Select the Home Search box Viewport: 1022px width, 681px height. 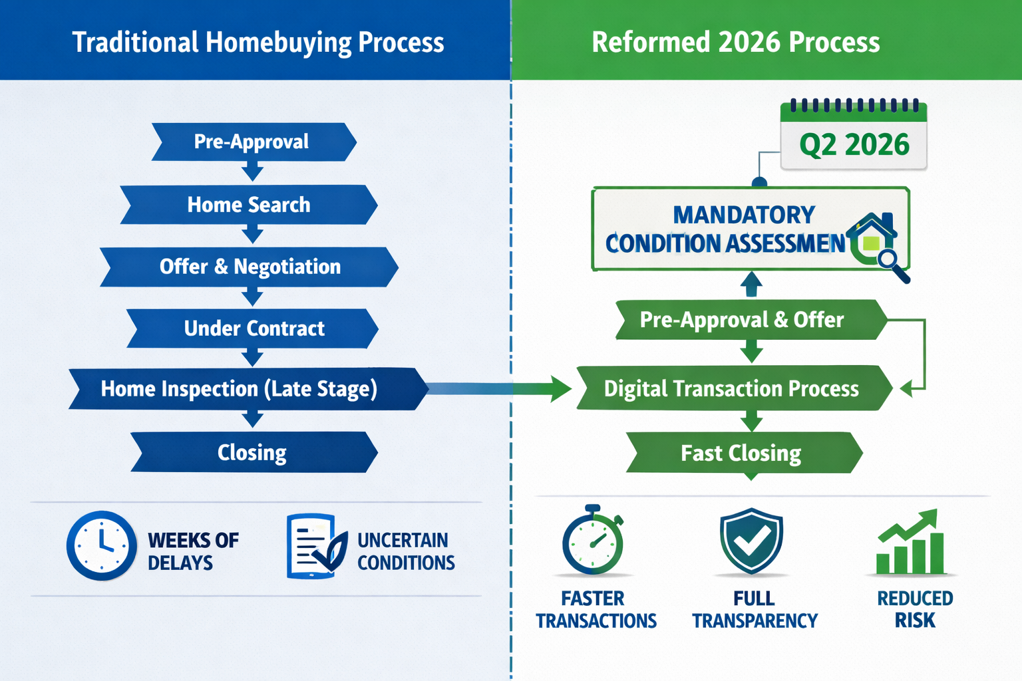point(249,205)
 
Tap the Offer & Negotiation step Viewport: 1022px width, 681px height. point(250,267)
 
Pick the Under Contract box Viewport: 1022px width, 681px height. point(253,329)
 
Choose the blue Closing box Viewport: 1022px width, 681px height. point(253,452)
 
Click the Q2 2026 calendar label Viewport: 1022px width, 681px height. point(854,144)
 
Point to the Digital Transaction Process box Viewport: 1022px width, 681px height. point(732,388)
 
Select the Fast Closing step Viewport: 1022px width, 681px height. point(742,453)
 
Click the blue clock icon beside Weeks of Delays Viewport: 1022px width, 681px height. point(101,545)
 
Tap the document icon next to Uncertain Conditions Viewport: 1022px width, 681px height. point(315,547)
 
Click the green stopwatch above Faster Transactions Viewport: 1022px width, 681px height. point(592,541)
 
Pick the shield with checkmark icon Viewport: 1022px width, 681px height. point(751,540)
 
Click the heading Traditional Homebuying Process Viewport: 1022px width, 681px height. point(257,42)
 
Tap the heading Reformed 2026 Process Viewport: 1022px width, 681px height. point(735,42)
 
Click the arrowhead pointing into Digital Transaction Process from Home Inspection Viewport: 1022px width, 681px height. point(560,388)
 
